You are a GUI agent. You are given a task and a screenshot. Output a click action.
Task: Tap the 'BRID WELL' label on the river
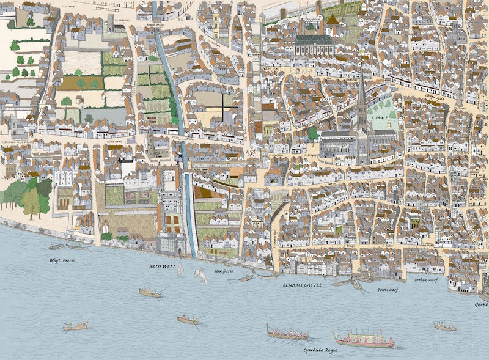[x=163, y=267]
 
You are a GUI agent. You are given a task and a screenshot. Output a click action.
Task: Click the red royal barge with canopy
[x=363, y=339]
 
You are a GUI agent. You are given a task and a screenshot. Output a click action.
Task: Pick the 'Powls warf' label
[x=389, y=290]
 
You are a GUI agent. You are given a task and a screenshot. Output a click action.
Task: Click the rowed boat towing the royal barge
[x=287, y=333]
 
